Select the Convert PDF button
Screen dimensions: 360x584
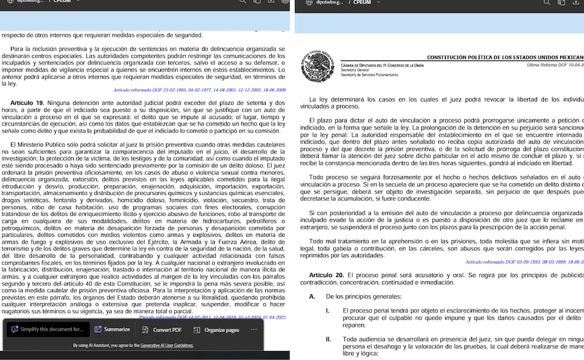pos(162,330)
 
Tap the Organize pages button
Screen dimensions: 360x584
pos(216,330)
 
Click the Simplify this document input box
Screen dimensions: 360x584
pos(47,329)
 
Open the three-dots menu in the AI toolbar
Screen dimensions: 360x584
pos(254,329)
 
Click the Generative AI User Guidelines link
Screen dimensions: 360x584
pos(167,345)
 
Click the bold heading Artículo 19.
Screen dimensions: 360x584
pos(27,102)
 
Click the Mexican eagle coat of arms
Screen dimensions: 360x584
pos(318,66)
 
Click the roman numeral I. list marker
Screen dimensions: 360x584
pos(327,311)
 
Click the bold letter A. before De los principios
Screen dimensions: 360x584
pos(312,296)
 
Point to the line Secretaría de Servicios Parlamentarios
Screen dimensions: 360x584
pos(369,75)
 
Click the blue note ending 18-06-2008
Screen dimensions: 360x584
pos(199,90)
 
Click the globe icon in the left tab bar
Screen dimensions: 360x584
pos(10,2)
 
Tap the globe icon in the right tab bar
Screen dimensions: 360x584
pos(308,2)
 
